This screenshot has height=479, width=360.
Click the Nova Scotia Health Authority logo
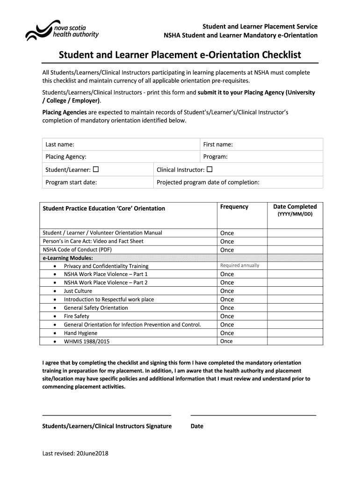pyautogui.click(x=62, y=30)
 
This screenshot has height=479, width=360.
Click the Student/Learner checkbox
pyautogui.click(x=96, y=169)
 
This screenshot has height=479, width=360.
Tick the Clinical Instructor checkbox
pyautogui.click(x=209, y=169)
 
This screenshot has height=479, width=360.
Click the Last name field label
pyautogui.click(x=60, y=145)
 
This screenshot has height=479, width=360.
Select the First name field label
pyautogui.click(x=218, y=145)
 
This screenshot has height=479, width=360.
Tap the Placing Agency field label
pyautogui.click(x=66, y=157)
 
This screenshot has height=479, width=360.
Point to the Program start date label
pyautogui.click(x=71, y=182)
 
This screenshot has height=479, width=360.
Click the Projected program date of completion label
pyautogui.click(x=208, y=182)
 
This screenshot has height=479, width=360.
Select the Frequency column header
pyautogui.click(x=234, y=207)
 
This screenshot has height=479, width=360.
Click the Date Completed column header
pyautogui.click(x=295, y=207)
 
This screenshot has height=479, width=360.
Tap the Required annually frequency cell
pyautogui.click(x=239, y=266)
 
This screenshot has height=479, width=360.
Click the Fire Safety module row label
pyautogui.click(x=77, y=316)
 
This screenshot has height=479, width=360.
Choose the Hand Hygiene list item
pyautogui.click(x=81, y=333)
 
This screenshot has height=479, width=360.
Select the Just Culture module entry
pyautogui.click(x=78, y=291)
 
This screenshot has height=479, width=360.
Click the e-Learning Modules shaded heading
pyautogui.click(x=68, y=258)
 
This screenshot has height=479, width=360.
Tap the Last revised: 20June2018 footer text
pyautogui.click(x=75, y=453)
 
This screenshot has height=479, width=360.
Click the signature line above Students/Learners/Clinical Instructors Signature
pyautogui.click(x=107, y=414)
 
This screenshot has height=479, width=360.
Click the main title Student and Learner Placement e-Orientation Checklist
pyautogui.click(x=180, y=55)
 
